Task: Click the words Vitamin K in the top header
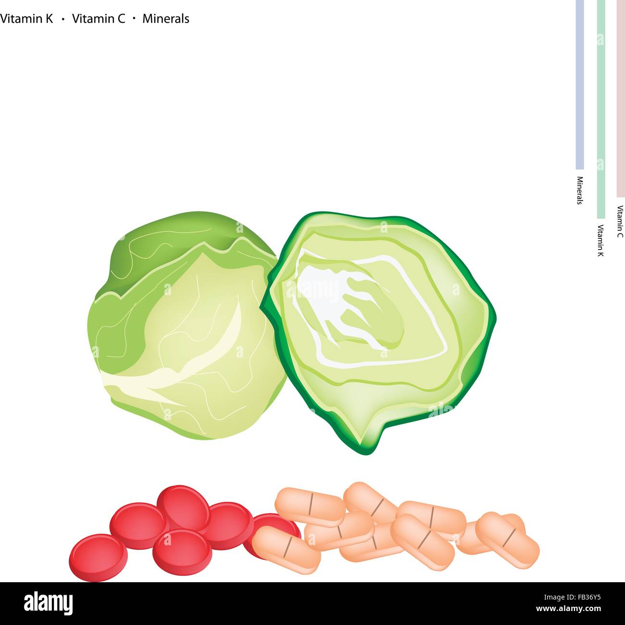click(26, 19)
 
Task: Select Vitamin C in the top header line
click(99, 19)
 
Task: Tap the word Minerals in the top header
click(166, 19)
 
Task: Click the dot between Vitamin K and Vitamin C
click(63, 19)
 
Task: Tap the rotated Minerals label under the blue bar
click(580, 190)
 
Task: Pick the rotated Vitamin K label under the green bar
click(600, 240)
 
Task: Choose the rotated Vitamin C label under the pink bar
click(620, 222)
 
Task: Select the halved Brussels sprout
click(380, 327)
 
